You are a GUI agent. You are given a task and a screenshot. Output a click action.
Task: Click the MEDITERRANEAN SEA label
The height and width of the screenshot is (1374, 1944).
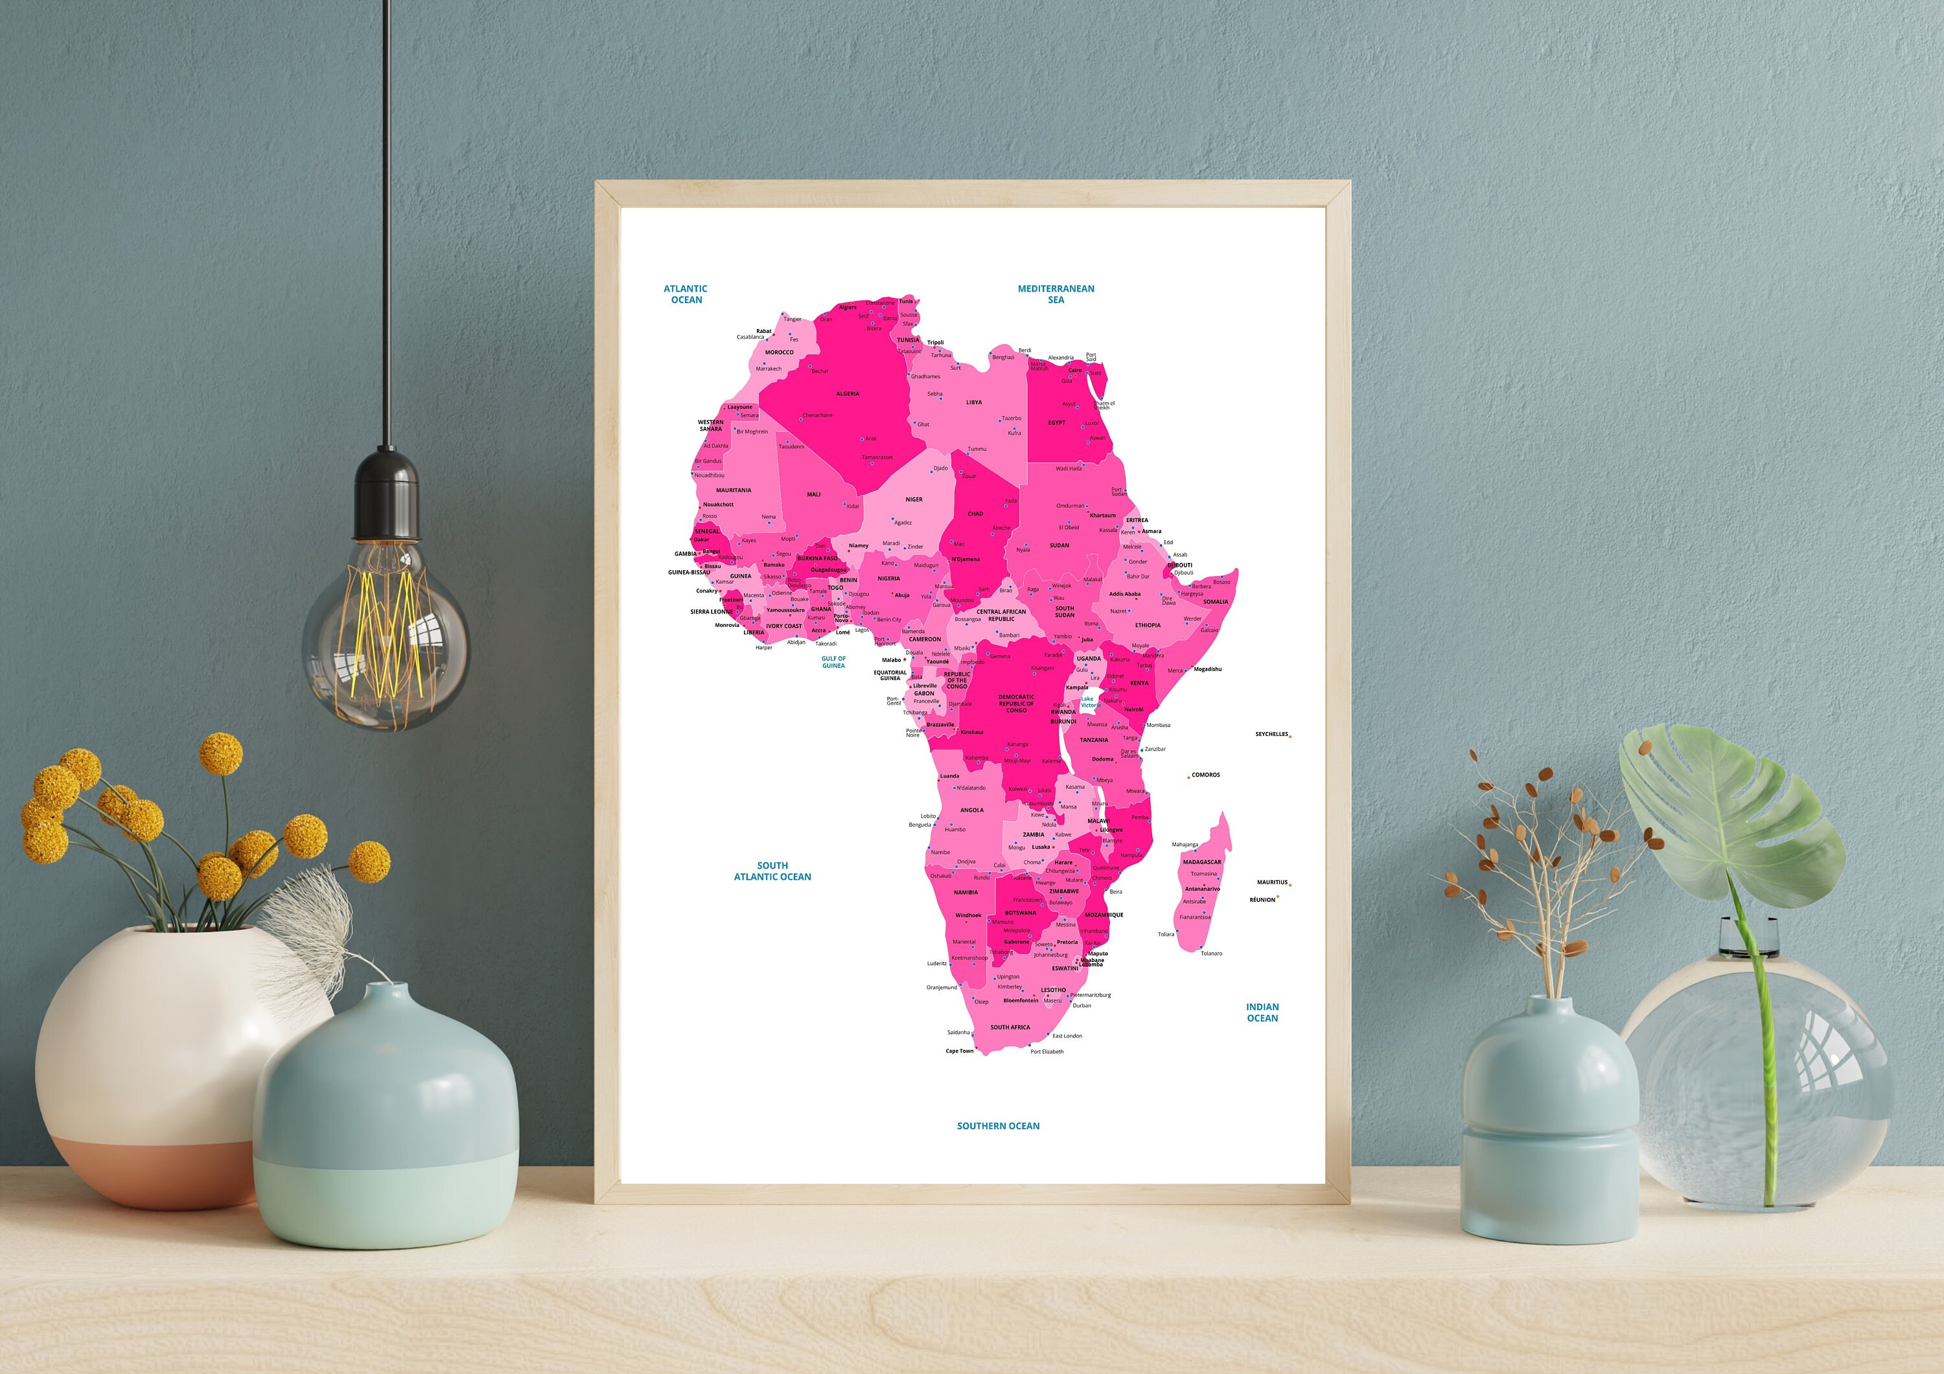point(1056,293)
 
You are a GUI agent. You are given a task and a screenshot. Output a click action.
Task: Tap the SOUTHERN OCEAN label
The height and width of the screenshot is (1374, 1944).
point(999,1126)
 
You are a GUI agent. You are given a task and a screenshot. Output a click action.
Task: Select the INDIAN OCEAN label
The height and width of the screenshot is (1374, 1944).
point(1262,1013)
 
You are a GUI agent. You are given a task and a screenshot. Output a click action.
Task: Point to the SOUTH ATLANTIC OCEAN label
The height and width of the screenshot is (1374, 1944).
point(772,871)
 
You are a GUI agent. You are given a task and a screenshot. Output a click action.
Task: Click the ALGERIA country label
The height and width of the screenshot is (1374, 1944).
point(848,394)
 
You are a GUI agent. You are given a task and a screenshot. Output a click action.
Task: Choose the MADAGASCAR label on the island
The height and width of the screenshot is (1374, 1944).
point(1202,862)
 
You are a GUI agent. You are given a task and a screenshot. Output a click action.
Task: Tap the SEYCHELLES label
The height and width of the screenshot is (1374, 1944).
point(1271,734)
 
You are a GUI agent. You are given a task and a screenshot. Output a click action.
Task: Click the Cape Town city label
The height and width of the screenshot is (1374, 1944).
point(959,1051)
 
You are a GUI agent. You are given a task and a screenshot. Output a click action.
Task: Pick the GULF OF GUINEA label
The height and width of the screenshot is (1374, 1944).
point(833,662)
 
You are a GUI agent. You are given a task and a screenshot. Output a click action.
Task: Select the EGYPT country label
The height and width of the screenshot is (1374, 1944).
point(1057,422)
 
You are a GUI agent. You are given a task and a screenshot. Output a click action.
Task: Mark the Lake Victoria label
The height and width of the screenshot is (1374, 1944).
point(1089,702)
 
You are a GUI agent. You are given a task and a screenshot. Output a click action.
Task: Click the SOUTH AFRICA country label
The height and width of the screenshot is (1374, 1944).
point(1010,1027)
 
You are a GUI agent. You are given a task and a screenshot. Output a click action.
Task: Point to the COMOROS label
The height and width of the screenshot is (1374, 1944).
point(1206,775)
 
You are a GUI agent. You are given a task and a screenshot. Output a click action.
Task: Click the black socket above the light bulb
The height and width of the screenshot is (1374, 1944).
point(386,496)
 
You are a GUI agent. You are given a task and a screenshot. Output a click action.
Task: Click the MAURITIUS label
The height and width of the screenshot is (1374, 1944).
point(1272,882)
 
